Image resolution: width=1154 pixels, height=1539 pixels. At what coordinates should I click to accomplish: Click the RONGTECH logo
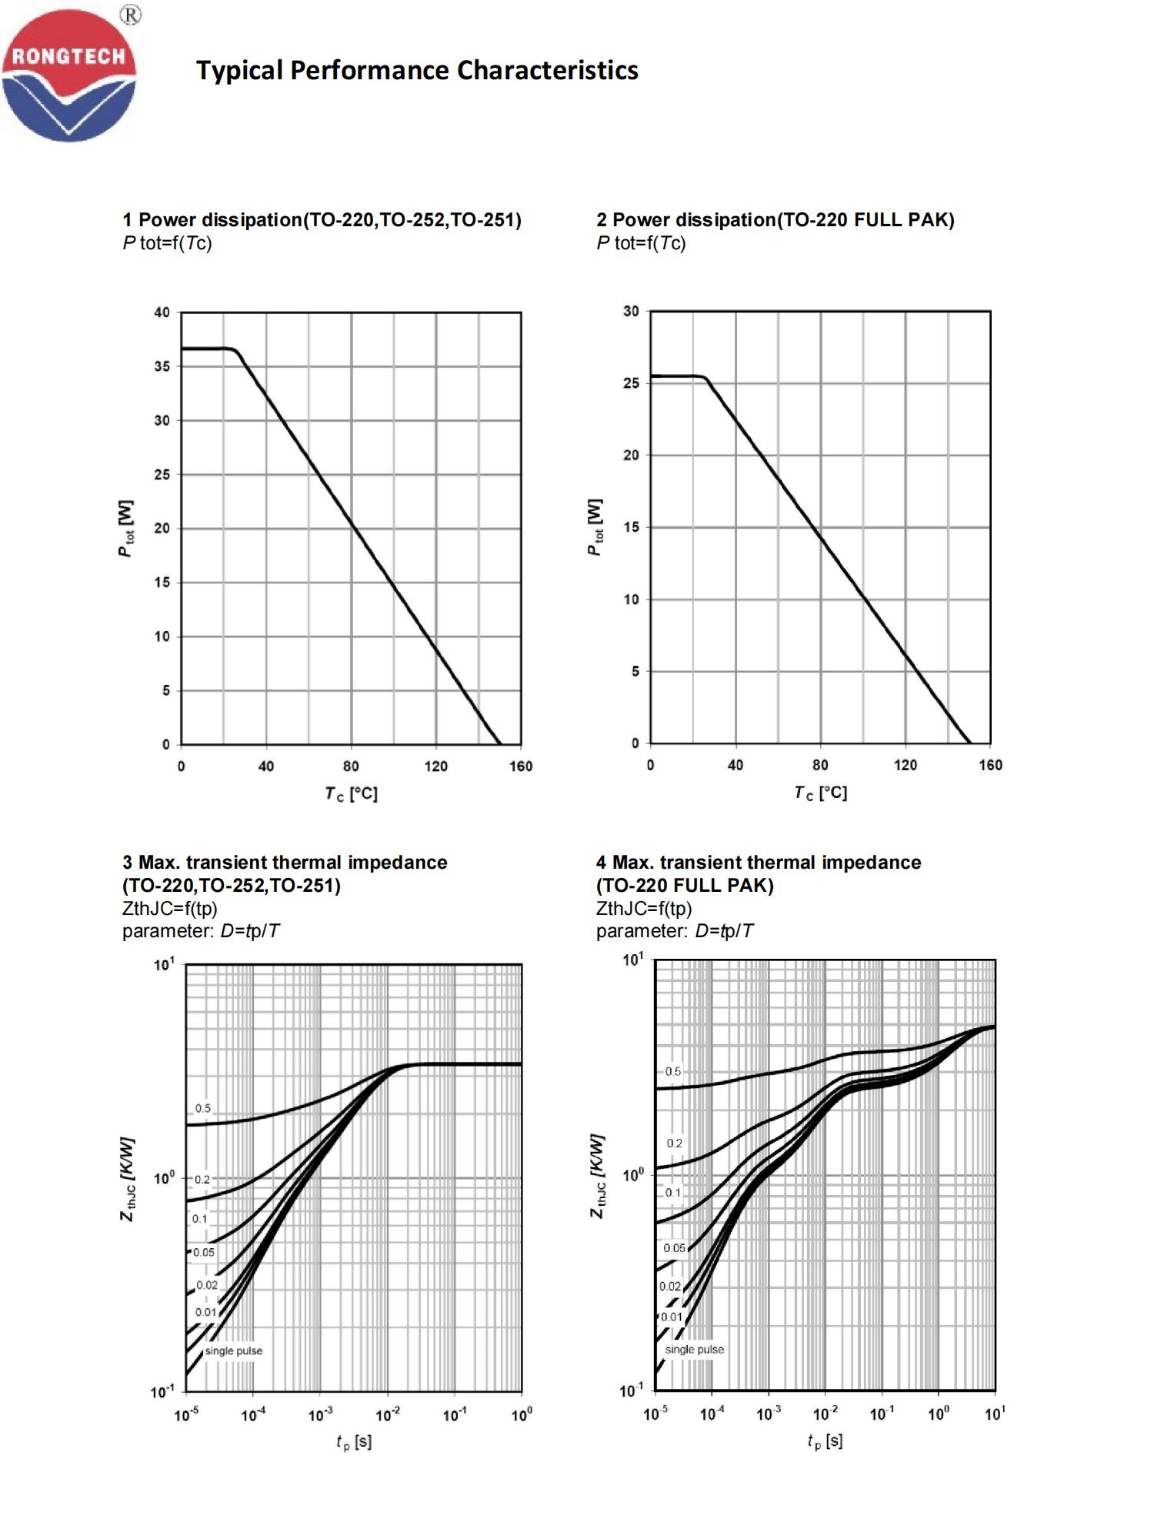69,75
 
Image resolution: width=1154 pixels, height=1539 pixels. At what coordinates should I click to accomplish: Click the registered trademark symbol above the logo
131,15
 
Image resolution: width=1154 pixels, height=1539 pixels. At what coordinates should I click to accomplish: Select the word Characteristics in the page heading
548,70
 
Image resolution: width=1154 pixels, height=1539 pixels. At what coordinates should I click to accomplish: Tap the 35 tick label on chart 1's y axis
162,366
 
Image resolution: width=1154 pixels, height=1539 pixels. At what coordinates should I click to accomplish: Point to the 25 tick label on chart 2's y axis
631,383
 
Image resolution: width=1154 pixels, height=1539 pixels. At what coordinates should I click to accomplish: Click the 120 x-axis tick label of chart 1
435,766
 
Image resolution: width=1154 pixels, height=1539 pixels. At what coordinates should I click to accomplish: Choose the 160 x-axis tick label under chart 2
990,765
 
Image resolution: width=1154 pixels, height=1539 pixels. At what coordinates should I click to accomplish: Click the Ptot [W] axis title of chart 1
126,529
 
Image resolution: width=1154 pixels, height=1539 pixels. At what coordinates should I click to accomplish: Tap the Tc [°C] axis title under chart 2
820,793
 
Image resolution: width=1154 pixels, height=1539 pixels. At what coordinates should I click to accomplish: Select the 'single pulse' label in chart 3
233,1350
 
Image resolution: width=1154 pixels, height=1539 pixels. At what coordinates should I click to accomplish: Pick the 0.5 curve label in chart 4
673,1071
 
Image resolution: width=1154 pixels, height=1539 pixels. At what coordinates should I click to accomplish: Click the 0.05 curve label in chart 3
204,1252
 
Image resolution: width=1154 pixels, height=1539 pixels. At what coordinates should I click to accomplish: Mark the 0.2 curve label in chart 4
674,1143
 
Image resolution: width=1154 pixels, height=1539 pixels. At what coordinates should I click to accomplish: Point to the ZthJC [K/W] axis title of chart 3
128,1178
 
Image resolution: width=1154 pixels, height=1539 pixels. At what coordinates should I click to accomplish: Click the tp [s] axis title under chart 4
825,1441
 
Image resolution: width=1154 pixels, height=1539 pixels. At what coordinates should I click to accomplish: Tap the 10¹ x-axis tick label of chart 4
994,1413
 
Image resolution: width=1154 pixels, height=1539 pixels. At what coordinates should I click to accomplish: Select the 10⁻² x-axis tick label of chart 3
387,1414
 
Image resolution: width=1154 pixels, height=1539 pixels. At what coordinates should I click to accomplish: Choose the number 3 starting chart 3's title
127,863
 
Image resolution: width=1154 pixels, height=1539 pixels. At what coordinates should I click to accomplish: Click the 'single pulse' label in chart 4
694,1349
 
